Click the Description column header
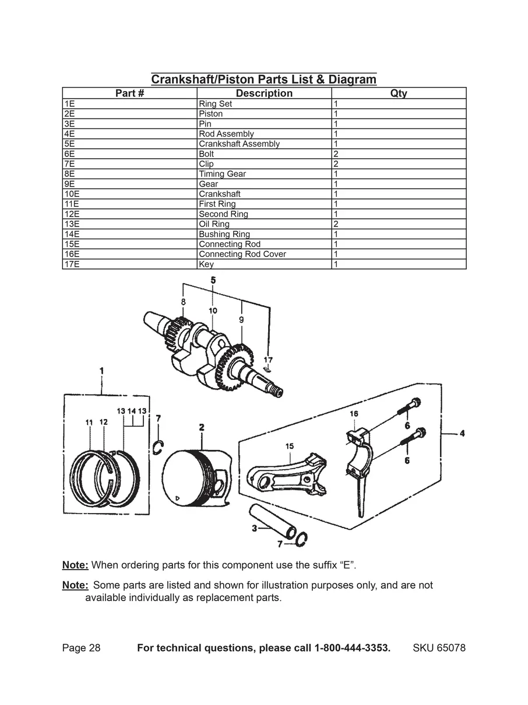coord(264,93)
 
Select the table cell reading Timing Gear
coord(264,174)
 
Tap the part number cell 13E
coord(129,224)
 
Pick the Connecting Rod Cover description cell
coord(264,254)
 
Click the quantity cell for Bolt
coord(399,154)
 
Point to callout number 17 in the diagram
coord(268,360)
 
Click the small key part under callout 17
coord(267,369)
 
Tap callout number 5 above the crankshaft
coord(213,280)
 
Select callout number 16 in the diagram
coord(354,414)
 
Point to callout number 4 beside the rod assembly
coord(462,433)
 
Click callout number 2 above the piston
coord(202,427)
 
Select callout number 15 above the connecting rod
coord(290,446)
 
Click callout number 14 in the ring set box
coord(132,411)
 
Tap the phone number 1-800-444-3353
coord(353,648)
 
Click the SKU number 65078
coord(450,648)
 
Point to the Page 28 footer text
coord(82,648)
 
